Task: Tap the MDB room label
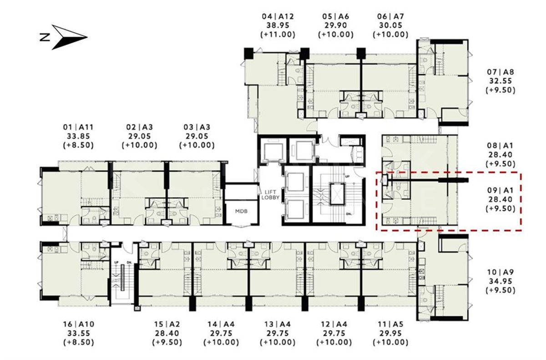click(241, 211)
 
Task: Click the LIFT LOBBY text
click(270, 195)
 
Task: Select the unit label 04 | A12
click(278, 16)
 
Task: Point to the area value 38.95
click(278, 25)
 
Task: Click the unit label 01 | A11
click(78, 127)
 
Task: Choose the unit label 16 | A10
click(78, 324)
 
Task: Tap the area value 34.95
click(500, 281)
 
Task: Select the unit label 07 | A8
click(500, 72)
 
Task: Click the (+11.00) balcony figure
click(278, 35)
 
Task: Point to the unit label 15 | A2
click(167, 324)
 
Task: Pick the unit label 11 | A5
click(390, 324)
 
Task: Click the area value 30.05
click(390, 25)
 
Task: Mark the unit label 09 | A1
click(500, 190)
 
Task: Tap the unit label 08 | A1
click(500, 146)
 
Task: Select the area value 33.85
click(78, 136)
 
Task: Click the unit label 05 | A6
click(336, 16)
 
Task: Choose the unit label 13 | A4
click(278, 324)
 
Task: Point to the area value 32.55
click(500, 81)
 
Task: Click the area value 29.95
click(390, 333)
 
